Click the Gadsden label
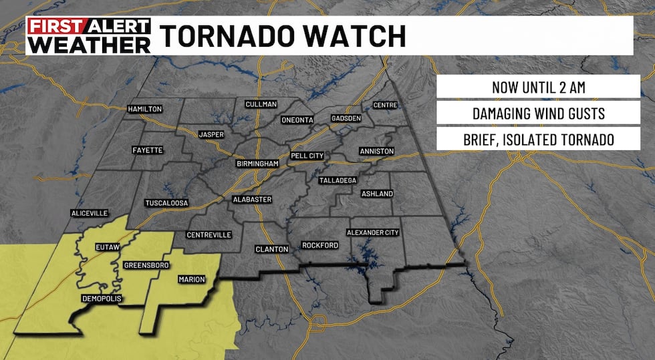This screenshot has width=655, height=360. pyautogui.click(x=346, y=118)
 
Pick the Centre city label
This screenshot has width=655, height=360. pyautogui.click(x=385, y=106)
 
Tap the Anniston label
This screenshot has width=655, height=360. pyautogui.click(x=376, y=151)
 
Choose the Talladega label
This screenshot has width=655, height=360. pyautogui.click(x=338, y=180)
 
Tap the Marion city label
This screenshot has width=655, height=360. pyautogui.click(x=191, y=279)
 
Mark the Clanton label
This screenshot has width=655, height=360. pyautogui.click(x=271, y=249)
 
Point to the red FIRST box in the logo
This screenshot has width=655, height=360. pyautogui.click(x=55, y=27)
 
